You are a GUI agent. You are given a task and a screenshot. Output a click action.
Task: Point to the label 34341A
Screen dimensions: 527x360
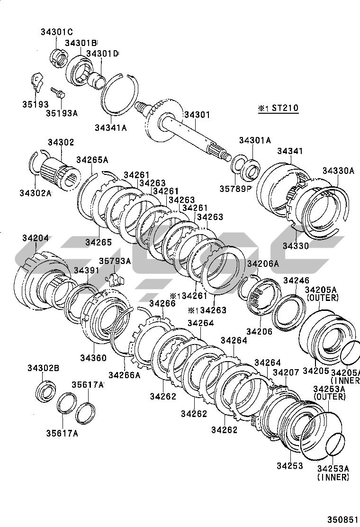pyautogui.click(x=110, y=127)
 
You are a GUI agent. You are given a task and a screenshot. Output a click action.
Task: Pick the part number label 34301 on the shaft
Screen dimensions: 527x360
pyautogui.click(x=197, y=115)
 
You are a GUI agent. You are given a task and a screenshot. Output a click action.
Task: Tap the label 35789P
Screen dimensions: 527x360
pyautogui.click(x=235, y=188)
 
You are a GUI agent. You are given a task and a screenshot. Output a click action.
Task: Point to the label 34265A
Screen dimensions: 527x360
pyautogui.click(x=92, y=160)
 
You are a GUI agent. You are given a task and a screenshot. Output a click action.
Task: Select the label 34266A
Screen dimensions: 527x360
pyautogui.click(x=125, y=375)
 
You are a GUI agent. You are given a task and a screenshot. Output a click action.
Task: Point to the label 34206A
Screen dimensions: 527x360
pyautogui.click(x=262, y=263)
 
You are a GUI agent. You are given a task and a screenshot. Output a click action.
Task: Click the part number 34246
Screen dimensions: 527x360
pyautogui.click(x=296, y=281)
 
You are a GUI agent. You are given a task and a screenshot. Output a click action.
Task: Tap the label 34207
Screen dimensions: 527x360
pyautogui.click(x=286, y=373)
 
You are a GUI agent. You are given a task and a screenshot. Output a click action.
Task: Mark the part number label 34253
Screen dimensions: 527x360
pyautogui.click(x=290, y=466)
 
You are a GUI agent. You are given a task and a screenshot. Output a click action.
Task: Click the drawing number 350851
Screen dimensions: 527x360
pyautogui.click(x=342, y=519)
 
